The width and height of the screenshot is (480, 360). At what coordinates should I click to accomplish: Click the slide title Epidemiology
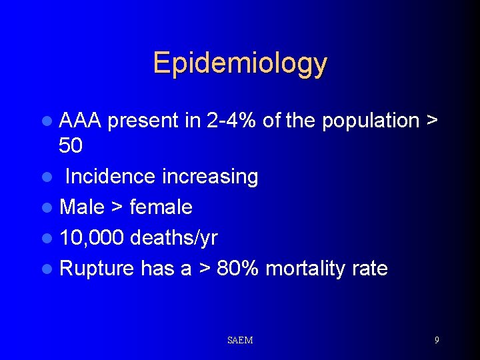pos(240,63)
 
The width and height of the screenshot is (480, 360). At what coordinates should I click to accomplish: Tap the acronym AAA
pos(80,121)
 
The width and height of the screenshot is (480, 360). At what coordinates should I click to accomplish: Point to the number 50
pos(71,145)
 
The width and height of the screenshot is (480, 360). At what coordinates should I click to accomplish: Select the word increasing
pos(210,177)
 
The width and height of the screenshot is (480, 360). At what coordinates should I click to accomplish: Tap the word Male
pos(82,207)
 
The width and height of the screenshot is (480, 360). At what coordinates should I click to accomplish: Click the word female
pos(161,207)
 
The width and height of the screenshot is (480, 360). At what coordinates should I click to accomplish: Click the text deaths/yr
pos(174,238)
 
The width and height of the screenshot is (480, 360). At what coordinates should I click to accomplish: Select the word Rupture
pos(97,269)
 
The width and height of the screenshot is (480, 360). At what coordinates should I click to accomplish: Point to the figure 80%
pos(238,269)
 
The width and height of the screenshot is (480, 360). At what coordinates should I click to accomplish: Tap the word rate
pos(371,269)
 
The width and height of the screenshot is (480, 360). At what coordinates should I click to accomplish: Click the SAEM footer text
pos(240,341)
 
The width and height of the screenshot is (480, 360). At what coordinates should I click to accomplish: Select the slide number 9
pos(437,340)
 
